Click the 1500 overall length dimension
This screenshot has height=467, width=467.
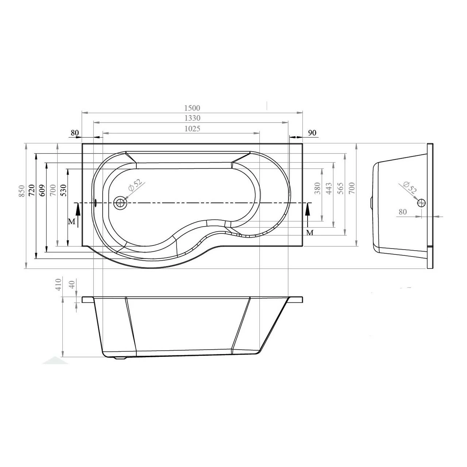point(192,108)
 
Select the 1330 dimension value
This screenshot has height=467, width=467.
point(192,118)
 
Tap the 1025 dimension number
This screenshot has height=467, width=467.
point(192,128)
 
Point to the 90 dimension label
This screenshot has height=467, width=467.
point(312,133)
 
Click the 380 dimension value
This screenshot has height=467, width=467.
point(317,188)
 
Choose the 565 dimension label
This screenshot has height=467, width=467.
point(340,188)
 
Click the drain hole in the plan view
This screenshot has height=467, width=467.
point(120,202)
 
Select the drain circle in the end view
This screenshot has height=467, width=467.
point(421,202)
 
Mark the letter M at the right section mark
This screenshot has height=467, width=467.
point(310,232)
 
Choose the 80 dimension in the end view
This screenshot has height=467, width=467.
point(403,212)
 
